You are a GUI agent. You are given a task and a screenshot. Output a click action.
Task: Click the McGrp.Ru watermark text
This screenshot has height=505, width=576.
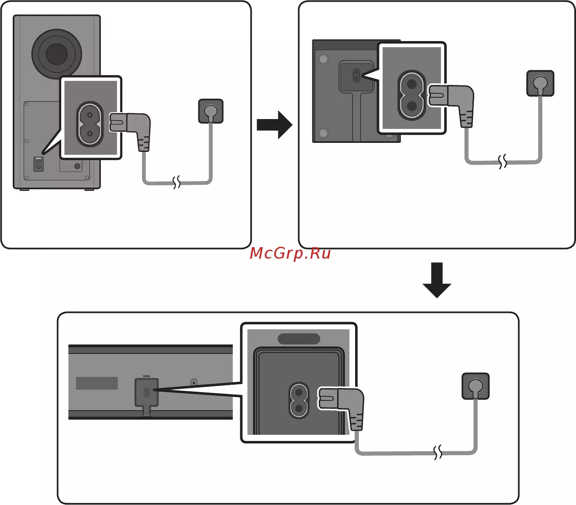(290, 253)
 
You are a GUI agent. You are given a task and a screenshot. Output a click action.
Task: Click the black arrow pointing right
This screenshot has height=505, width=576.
(274, 124)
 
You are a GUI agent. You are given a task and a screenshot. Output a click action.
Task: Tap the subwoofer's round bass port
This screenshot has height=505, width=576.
(57, 54)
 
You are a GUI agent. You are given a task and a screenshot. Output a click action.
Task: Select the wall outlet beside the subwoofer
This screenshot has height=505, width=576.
(211, 111)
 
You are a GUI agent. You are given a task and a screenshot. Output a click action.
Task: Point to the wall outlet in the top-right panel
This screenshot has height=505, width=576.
(540, 83)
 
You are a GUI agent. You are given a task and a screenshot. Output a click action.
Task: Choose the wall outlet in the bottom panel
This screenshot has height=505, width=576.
(475, 386)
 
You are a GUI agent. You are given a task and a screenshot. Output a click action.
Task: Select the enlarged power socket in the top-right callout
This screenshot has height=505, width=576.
(412, 95)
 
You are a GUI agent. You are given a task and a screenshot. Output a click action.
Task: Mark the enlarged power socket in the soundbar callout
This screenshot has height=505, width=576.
(299, 401)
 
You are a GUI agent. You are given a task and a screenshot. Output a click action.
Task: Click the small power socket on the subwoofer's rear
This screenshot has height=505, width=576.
(38, 165)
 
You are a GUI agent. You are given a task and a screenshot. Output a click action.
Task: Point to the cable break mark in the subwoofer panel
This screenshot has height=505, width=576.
(177, 182)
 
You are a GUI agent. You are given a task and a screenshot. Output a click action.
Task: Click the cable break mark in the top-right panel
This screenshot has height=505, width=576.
(503, 162)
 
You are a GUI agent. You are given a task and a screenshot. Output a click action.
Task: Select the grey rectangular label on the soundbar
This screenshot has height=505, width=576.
(97, 383)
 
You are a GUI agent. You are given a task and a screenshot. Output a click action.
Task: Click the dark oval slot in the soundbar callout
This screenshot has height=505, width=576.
(299, 339)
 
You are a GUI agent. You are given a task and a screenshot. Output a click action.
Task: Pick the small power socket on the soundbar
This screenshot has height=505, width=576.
(146, 393)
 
